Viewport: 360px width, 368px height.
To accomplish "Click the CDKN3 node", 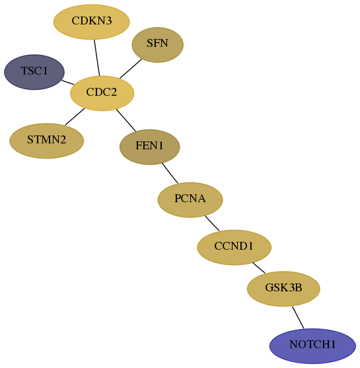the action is coord(92,22).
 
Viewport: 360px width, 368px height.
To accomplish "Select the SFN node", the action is coord(157,45).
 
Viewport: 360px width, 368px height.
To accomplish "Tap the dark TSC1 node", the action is coord(34,72).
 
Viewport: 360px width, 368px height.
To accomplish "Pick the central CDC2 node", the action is coord(102,93).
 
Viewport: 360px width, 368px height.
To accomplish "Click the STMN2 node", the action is coord(46,141).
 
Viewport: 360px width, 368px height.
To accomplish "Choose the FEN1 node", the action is coord(150,147).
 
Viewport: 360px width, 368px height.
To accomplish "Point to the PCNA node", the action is coord(190,200).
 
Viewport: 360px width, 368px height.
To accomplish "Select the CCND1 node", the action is coord(234,247).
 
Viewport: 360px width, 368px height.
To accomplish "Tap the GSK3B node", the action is coord(283,289).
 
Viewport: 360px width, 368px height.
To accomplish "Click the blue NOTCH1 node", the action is coord(312,346).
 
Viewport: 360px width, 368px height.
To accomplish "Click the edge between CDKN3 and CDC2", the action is coord(97,57).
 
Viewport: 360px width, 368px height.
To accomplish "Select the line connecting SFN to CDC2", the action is coord(131,69).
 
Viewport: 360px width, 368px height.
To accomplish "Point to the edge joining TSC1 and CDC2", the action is coord(67,83).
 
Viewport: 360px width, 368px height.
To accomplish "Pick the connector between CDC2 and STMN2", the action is coord(75,117).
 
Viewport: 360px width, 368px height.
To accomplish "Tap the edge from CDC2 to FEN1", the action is coord(126,120).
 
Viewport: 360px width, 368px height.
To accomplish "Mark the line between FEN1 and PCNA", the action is coord(170,173).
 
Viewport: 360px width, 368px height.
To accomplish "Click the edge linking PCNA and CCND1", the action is coord(212,223).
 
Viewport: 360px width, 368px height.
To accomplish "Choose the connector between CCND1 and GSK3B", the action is coord(259,268).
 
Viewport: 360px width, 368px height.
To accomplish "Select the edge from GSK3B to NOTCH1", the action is coord(298,318).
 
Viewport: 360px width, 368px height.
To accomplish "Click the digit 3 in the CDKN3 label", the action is coord(108,20).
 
